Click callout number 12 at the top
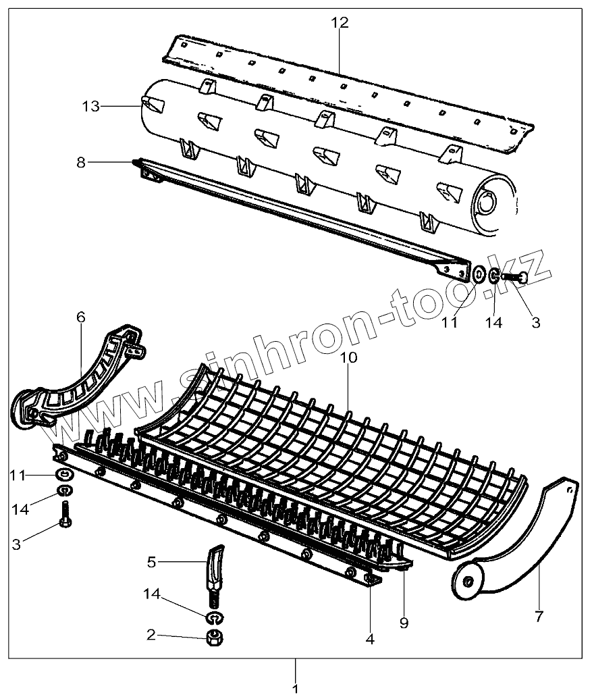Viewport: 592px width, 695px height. click(x=340, y=22)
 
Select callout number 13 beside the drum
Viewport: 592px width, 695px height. click(x=91, y=106)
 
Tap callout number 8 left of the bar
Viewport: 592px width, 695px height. click(x=81, y=163)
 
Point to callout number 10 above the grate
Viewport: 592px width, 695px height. click(x=348, y=358)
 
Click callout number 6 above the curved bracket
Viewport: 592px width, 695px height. click(x=81, y=317)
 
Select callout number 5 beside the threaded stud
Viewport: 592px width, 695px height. click(x=152, y=562)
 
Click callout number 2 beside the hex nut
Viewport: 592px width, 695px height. click(x=152, y=634)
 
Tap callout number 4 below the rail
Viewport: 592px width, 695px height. click(x=370, y=638)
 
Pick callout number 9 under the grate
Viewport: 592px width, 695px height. click(x=404, y=623)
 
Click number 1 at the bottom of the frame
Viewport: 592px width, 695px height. click(x=295, y=688)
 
